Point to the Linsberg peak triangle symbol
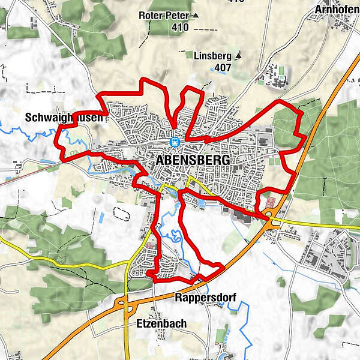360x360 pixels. tap(238, 56)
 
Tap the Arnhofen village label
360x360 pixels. tap(337, 10)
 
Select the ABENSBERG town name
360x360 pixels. tap(188, 161)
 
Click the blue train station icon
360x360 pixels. tap(175, 142)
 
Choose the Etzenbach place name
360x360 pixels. tap(157, 323)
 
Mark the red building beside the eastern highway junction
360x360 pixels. tap(269, 202)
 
